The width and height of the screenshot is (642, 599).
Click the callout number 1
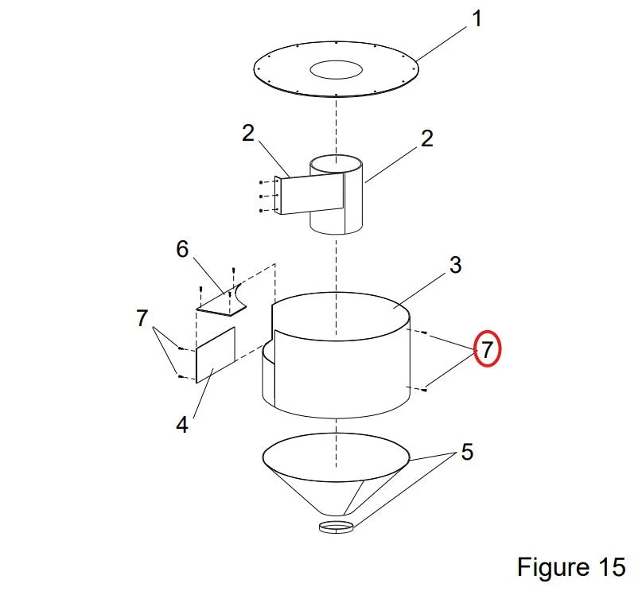[x=477, y=19]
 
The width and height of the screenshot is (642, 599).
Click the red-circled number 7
[x=487, y=349]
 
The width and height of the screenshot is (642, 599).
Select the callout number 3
[x=456, y=265]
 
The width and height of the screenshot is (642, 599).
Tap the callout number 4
[x=182, y=425]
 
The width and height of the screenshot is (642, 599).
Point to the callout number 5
[x=467, y=452]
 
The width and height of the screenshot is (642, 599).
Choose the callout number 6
[x=182, y=249]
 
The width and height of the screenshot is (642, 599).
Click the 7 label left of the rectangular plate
[x=142, y=318]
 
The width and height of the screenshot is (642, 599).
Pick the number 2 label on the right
[x=426, y=138]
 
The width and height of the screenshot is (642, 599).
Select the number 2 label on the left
[x=248, y=133]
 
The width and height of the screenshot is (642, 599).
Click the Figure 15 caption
[x=571, y=567]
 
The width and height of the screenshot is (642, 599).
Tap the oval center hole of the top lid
[x=337, y=69]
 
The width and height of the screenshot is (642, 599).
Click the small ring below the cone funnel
[x=337, y=527]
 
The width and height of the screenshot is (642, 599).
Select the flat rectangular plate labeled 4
[x=216, y=355]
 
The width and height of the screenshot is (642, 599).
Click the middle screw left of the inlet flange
[x=261, y=196]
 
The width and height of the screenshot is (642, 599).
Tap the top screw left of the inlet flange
[x=261, y=182]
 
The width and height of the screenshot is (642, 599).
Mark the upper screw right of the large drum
[x=424, y=333]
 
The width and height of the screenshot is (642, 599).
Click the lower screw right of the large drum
[x=424, y=389]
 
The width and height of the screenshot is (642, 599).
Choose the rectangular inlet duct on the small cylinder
[x=311, y=193]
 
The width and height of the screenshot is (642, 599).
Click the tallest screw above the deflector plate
[x=233, y=270]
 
